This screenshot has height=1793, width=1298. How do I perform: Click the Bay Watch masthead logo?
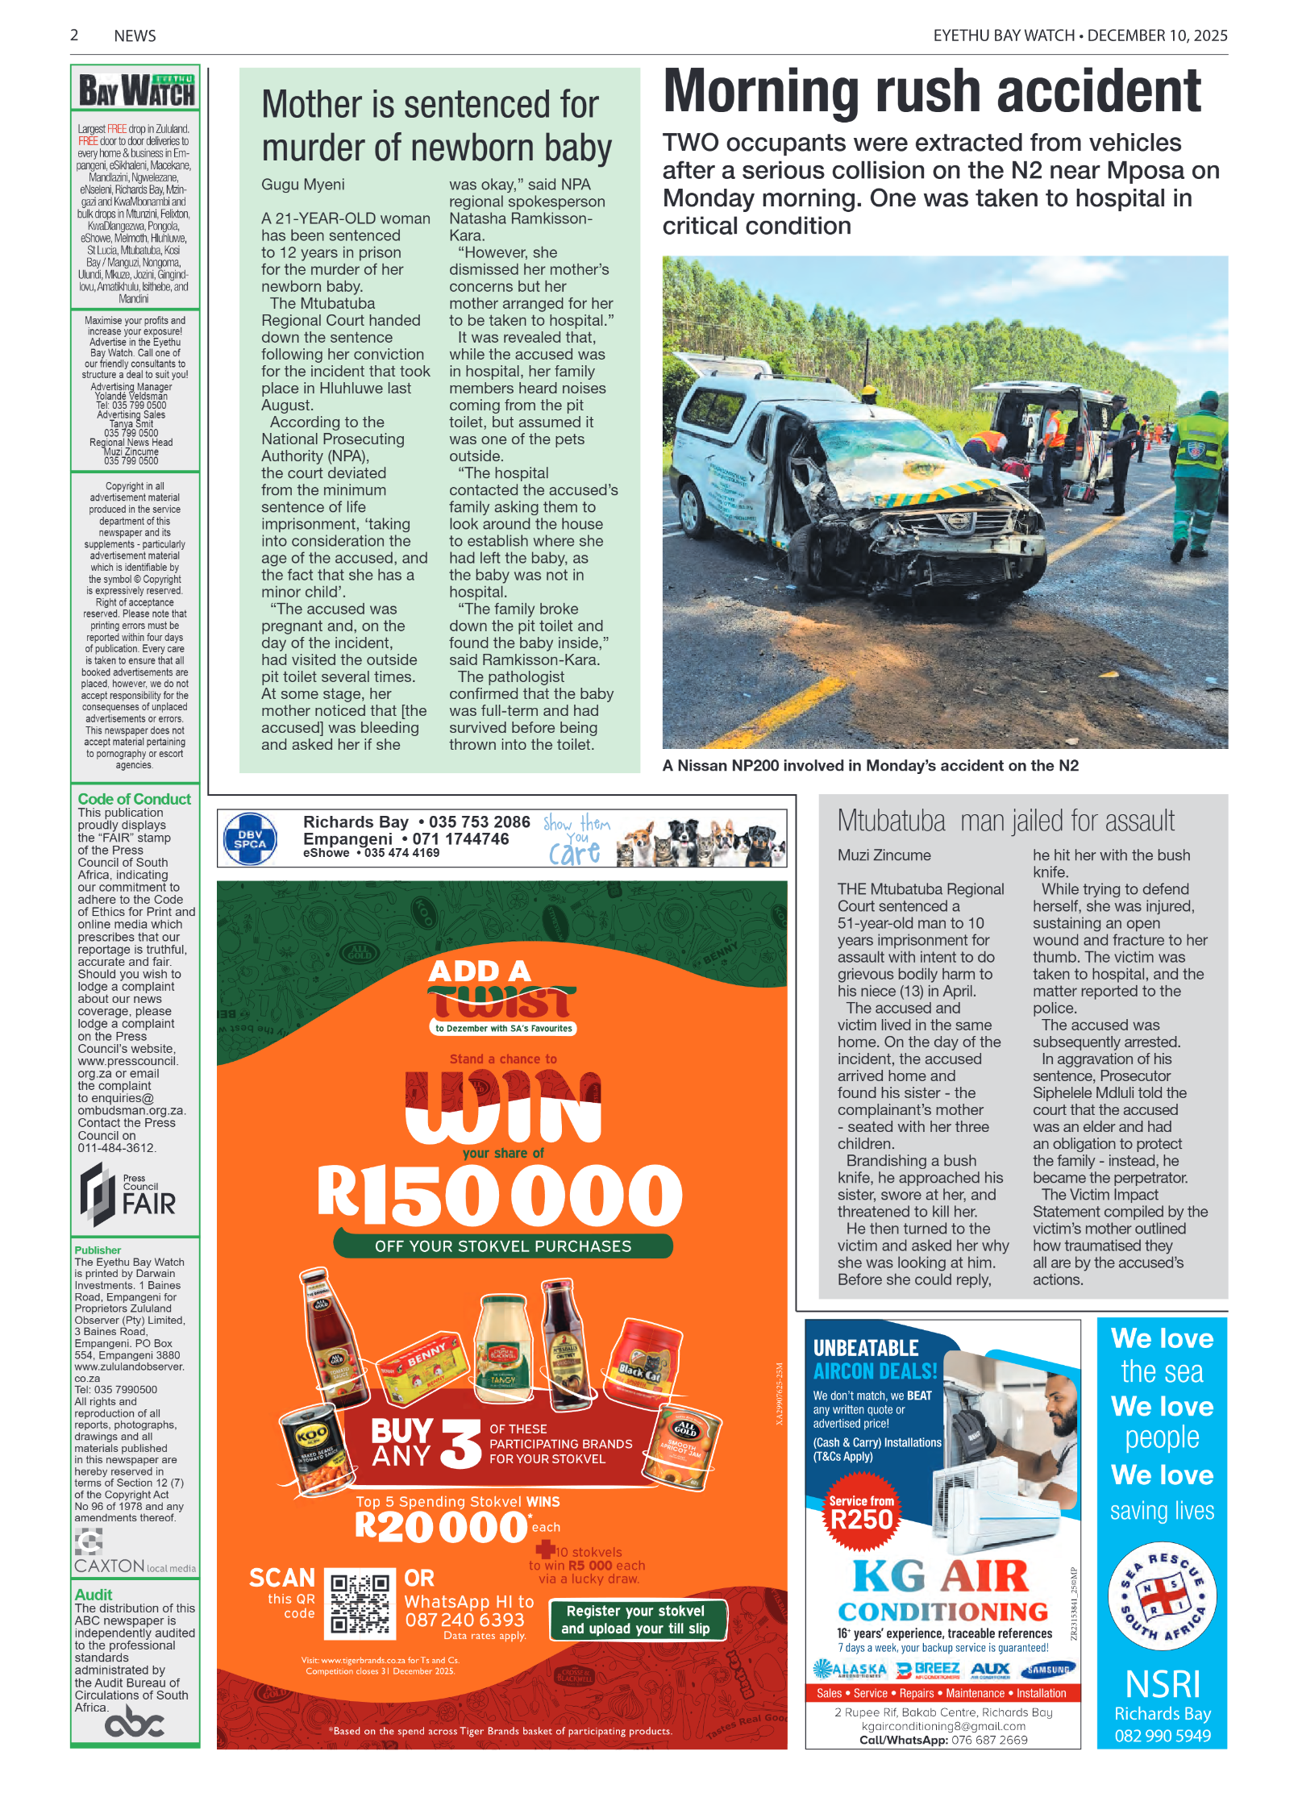(x=135, y=89)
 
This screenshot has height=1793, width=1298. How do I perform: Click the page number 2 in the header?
(x=74, y=35)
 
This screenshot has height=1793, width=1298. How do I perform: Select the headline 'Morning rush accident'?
(x=931, y=91)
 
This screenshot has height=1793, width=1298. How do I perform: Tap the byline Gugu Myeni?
(x=302, y=185)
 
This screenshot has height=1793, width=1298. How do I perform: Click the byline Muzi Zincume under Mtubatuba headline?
(x=884, y=855)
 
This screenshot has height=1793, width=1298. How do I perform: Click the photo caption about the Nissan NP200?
(x=870, y=766)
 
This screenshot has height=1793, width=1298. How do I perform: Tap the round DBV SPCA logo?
(x=250, y=839)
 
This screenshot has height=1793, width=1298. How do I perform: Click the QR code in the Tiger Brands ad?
(x=360, y=1604)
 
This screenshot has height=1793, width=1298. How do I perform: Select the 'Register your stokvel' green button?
(x=635, y=1620)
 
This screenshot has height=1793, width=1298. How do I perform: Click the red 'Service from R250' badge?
(x=861, y=1514)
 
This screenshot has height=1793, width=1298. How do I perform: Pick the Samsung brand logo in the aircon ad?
(x=1049, y=1670)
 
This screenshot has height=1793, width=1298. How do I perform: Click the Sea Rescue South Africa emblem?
(x=1162, y=1595)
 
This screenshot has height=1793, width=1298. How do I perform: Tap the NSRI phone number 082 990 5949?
(x=1162, y=1736)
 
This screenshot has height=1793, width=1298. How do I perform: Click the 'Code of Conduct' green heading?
(x=134, y=799)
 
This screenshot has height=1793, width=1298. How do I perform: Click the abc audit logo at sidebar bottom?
(x=135, y=1724)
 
